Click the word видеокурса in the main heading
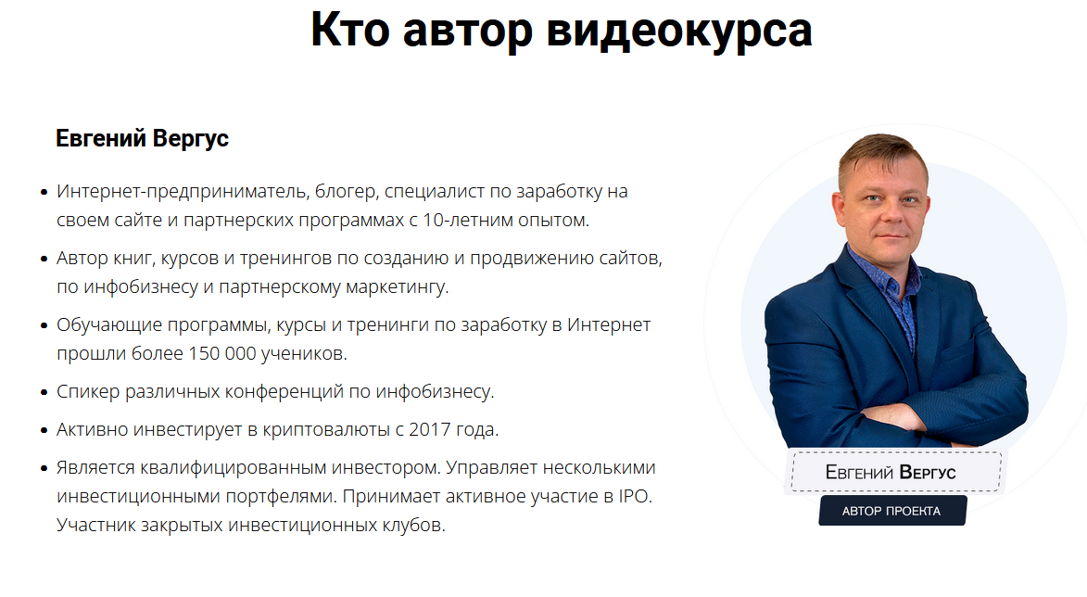(x=679, y=30)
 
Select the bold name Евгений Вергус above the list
(x=142, y=139)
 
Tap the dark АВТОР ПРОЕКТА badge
(x=891, y=511)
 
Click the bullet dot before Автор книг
(x=44, y=259)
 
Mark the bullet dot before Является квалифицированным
(x=44, y=468)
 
